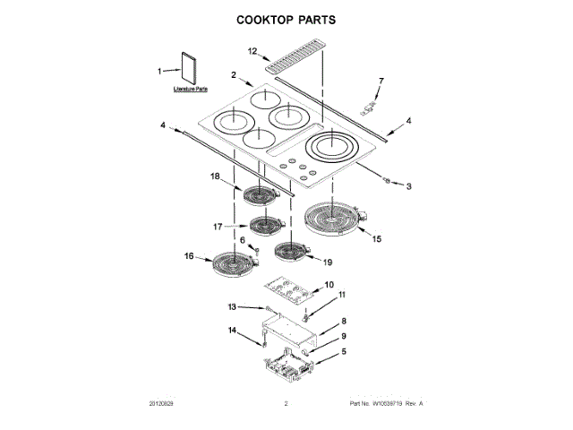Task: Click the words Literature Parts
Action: point(190,90)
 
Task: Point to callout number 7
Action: point(380,82)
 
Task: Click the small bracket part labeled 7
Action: point(368,107)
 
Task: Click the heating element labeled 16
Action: point(232,263)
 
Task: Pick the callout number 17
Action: point(217,227)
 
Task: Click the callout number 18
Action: point(215,176)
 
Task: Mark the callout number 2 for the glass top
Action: point(233,75)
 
